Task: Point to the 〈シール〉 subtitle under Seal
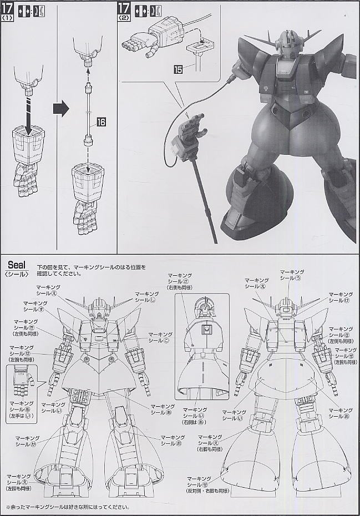17,273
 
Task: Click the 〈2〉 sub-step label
124,17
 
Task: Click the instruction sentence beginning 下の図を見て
92,267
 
